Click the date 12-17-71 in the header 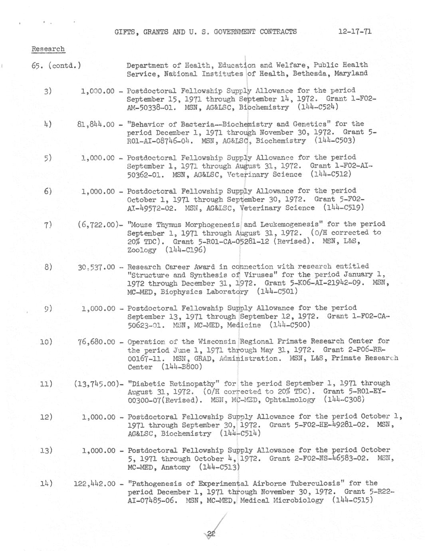pos(355,32)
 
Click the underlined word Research pos(48,49)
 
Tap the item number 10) pos(46,342)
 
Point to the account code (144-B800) pos(182,367)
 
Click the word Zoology pos(142,250)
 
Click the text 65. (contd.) pos(56,65)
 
